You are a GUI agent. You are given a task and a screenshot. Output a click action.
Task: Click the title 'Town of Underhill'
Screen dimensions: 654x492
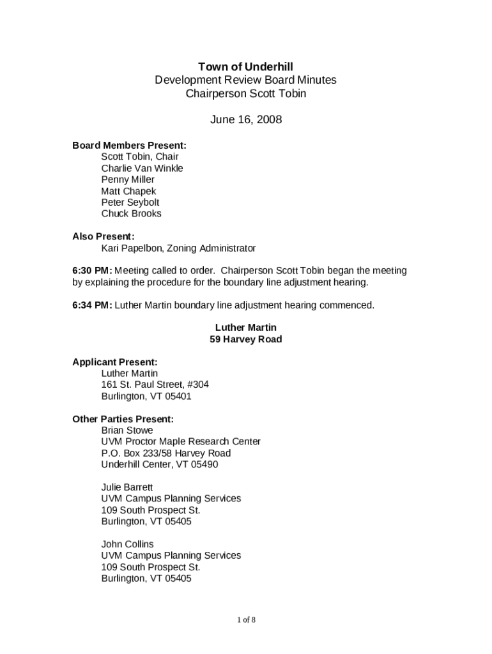tap(245, 66)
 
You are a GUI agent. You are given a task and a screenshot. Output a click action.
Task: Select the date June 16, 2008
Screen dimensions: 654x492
tap(246, 119)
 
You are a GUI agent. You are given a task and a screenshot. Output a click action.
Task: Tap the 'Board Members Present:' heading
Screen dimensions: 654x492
tap(129, 146)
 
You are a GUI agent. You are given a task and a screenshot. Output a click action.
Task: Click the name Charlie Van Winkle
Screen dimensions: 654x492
tap(142, 169)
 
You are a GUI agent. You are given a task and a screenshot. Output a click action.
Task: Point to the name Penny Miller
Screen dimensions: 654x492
tap(128, 179)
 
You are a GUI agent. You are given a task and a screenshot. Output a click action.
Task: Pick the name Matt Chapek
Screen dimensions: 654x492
tap(128, 191)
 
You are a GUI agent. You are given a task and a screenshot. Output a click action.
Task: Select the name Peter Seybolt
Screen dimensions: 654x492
tap(130, 202)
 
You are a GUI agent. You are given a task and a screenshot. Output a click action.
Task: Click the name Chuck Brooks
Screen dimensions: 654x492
tap(131, 213)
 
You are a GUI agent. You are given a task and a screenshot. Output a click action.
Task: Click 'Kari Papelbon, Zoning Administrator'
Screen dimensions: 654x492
tap(178, 248)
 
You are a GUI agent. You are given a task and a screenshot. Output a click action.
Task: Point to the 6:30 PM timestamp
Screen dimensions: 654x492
tap(92, 271)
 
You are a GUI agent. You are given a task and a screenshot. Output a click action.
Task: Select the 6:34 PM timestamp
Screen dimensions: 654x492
tap(92, 305)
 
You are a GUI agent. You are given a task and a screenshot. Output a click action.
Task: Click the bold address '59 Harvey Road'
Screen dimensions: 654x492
tap(245, 339)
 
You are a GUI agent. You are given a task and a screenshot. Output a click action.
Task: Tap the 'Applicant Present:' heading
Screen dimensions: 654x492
tap(115, 362)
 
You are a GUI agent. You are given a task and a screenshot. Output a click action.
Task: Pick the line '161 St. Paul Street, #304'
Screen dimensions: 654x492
tap(155, 384)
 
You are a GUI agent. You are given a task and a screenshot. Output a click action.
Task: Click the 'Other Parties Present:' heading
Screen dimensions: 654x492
tap(123, 419)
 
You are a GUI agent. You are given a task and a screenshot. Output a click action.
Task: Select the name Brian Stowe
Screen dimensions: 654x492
tap(127, 430)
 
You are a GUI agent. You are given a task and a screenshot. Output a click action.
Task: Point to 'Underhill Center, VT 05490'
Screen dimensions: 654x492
tap(159, 464)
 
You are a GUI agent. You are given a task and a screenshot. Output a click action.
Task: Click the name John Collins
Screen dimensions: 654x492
tap(127, 544)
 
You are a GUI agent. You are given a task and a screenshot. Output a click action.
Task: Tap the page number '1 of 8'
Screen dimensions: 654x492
tap(246, 620)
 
